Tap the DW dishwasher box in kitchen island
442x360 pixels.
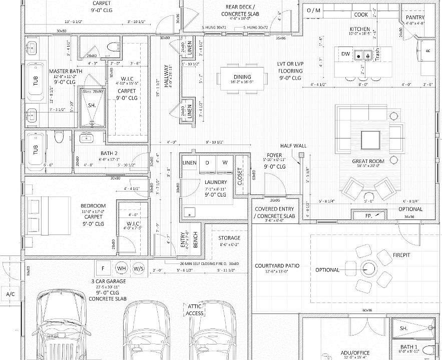345,53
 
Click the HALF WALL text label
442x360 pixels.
293,145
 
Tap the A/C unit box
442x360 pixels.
10,294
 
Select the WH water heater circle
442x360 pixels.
122,268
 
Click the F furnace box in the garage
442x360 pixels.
104,267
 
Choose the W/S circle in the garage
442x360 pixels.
139,268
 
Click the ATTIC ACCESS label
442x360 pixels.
195,309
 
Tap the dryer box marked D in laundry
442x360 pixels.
207,163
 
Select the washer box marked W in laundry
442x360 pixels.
225,163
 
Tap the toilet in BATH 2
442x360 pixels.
58,137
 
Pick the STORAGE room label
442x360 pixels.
230,238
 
